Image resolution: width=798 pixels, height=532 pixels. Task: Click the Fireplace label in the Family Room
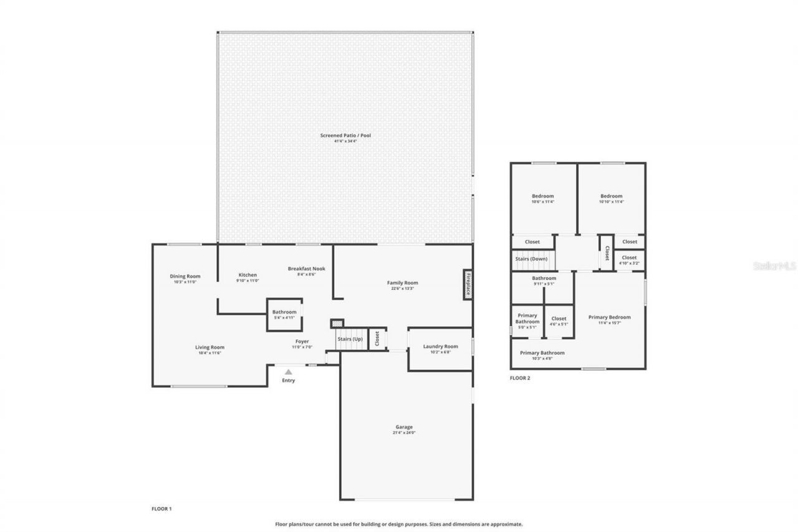(467, 285)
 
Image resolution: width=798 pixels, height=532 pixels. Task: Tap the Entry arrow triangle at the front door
(288, 372)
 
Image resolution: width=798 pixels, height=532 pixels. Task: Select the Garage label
(403, 427)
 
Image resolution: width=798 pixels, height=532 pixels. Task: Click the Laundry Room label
(440, 347)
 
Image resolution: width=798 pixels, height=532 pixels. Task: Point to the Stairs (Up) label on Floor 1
(350, 339)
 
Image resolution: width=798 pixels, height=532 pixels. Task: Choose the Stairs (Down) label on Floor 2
(531, 259)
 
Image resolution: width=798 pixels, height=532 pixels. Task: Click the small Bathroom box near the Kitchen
(284, 314)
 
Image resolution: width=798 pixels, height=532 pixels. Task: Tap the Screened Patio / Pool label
(345, 135)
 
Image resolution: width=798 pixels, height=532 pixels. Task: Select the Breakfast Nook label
(306, 269)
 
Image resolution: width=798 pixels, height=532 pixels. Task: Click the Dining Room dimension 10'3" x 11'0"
(185, 282)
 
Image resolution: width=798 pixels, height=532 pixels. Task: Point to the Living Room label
(209, 347)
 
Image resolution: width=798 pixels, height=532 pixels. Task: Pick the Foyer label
(302, 341)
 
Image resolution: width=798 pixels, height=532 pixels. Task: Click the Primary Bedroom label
(609, 317)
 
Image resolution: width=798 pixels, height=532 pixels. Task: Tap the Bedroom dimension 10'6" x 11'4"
(542, 202)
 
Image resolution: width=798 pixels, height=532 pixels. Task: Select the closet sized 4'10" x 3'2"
(629, 259)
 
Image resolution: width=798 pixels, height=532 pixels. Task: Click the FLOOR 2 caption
(520, 378)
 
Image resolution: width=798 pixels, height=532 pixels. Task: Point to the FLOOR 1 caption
(161, 509)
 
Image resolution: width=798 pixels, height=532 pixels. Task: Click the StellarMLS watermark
(775, 266)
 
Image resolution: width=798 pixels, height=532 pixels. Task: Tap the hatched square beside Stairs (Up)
(337, 323)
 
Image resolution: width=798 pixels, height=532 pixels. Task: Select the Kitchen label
(248, 275)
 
